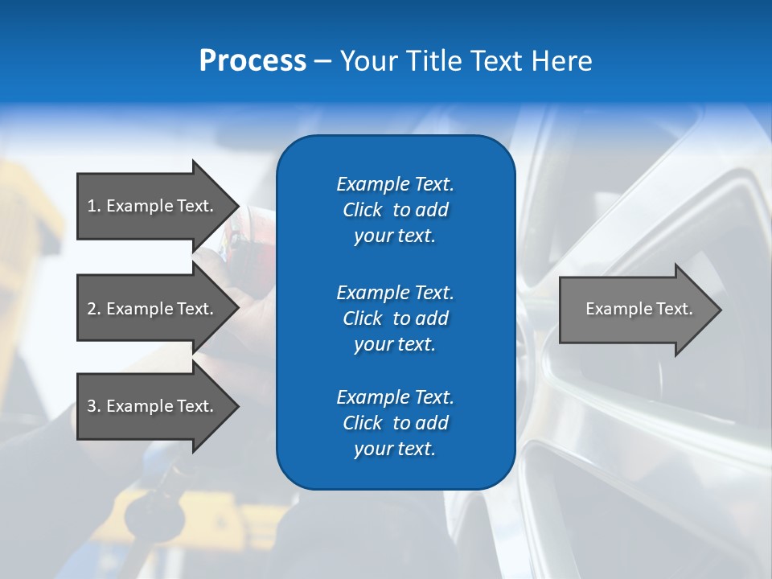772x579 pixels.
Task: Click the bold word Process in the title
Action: click(x=253, y=61)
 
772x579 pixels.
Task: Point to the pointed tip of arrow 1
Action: click(x=236, y=206)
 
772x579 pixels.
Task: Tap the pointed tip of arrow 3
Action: click(x=236, y=406)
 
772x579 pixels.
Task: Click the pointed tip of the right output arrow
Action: click(x=719, y=309)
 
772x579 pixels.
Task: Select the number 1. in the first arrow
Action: click(x=94, y=206)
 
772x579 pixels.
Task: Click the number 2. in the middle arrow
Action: click(x=94, y=309)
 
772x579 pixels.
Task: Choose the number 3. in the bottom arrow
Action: click(x=94, y=406)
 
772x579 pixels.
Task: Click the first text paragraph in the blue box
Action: click(x=395, y=210)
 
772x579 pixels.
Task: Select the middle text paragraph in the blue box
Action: click(x=395, y=318)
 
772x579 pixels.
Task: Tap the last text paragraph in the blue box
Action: click(x=395, y=423)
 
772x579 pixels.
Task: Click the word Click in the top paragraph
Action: click(x=362, y=210)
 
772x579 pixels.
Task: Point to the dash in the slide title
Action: click(x=322, y=61)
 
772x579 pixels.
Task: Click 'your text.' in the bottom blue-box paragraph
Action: click(x=395, y=449)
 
